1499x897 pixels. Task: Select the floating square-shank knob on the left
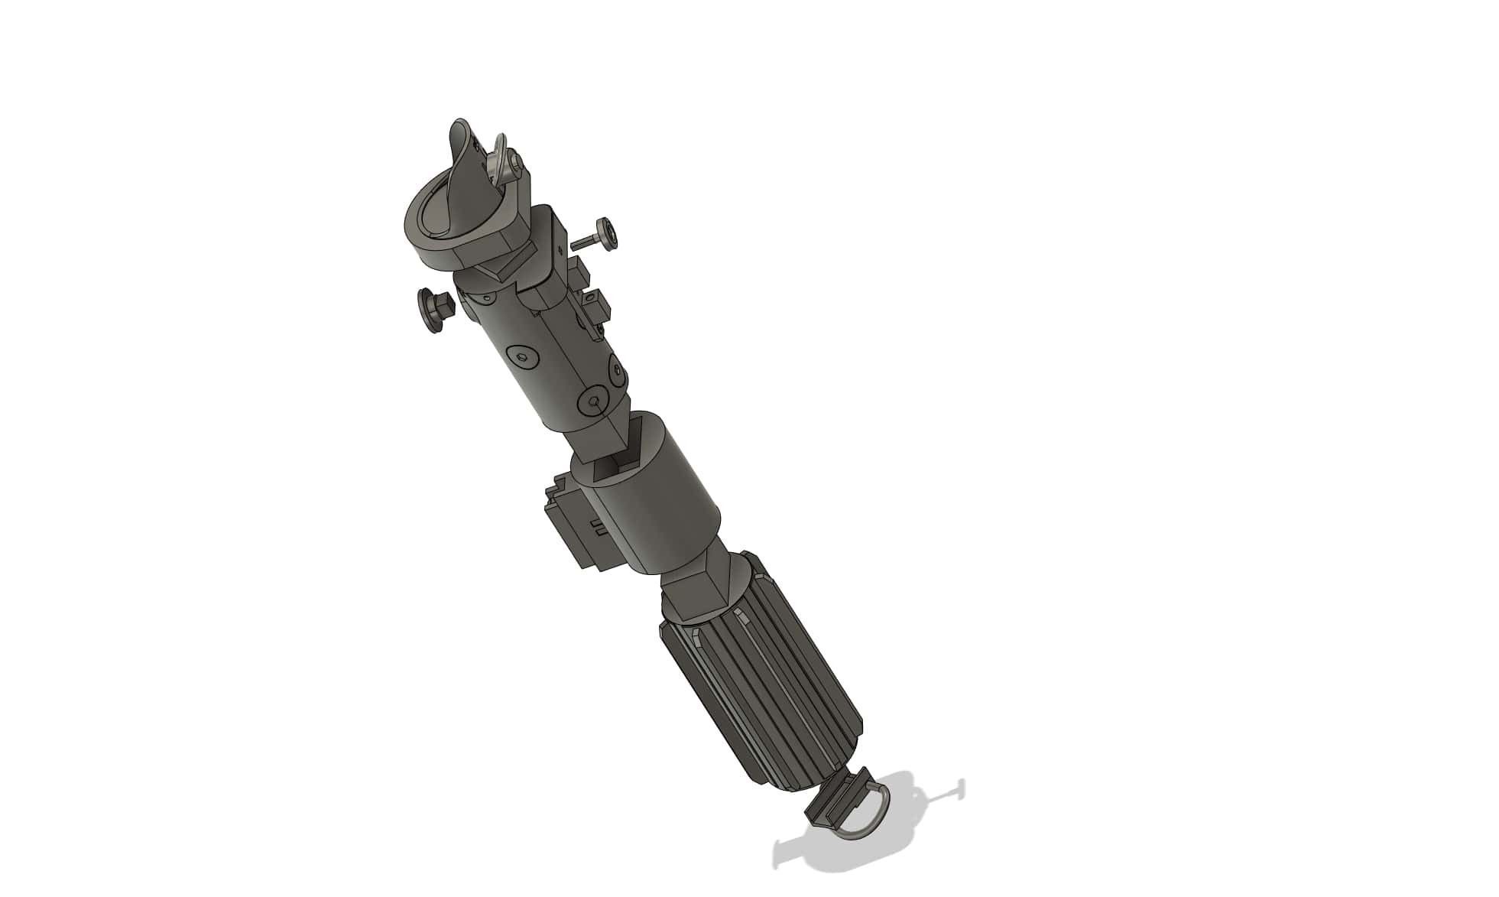pyautogui.click(x=433, y=309)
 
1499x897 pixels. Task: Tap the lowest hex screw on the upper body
pyautogui.click(x=594, y=402)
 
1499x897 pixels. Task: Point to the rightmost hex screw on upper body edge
pyautogui.click(x=616, y=372)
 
